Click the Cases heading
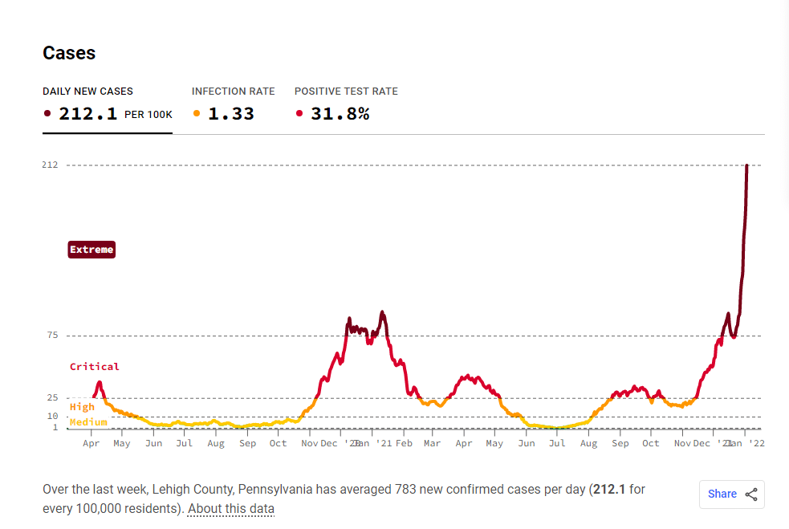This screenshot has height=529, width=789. (69, 53)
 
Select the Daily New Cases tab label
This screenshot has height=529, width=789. (88, 92)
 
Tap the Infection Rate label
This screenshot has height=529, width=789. (233, 92)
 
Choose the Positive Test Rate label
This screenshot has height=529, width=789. (346, 92)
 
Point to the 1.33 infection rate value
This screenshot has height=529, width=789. (231, 114)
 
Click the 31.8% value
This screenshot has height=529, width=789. (340, 114)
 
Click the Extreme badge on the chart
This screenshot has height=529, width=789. (92, 250)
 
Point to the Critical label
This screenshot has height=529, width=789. (95, 367)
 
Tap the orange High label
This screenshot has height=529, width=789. (82, 407)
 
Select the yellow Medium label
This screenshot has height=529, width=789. (88, 422)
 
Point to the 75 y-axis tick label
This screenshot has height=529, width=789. (52, 336)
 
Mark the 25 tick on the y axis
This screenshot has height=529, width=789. (52, 398)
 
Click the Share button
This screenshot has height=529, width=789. (731, 494)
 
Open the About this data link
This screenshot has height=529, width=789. (231, 509)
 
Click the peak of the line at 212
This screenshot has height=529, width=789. (746, 165)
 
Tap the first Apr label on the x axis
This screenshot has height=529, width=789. (92, 443)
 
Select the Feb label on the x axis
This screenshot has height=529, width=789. (404, 443)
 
